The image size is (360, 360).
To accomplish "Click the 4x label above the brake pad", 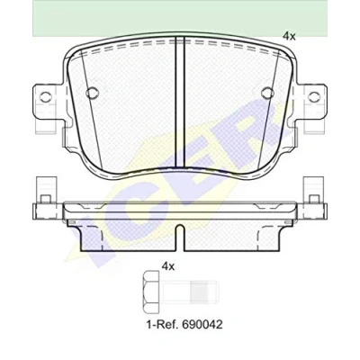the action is [289, 36].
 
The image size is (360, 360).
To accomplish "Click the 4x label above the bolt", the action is [168, 266].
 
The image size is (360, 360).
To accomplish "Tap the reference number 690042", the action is [201, 324].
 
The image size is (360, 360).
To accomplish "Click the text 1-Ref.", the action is [161, 324].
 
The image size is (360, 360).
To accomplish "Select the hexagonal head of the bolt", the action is [150, 292].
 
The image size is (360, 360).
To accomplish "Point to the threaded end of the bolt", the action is [203, 292].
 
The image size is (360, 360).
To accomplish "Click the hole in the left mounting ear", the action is [46, 96].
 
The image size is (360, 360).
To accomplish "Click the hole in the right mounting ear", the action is [314, 96].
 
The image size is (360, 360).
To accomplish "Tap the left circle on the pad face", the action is [92, 93].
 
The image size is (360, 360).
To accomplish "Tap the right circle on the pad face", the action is [267, 93].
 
